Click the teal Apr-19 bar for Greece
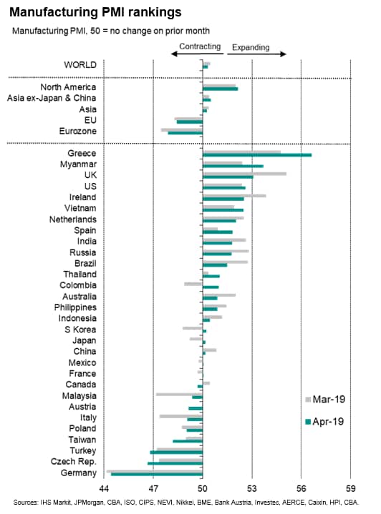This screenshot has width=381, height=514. [x=257, y=155]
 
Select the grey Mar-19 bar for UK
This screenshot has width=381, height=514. [x=245, y=174]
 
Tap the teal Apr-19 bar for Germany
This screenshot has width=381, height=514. [x=157, y=474]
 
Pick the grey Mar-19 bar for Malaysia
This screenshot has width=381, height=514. [x=179, y=394]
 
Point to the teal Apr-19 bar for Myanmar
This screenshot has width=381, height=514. [x=233, y=166]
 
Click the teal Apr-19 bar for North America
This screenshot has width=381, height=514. [x=221, y=89]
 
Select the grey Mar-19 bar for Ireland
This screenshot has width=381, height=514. [x=234, y=196]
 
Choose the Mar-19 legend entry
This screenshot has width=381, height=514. [x=325, y=400]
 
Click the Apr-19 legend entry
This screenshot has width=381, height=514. [x=324, y=422]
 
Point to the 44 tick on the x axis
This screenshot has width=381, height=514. [x=104, y=488]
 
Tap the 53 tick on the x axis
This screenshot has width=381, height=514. [x=252, y=488]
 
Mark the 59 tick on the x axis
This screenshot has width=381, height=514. [x=350, y=488]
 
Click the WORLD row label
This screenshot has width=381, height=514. [x=80, y=65]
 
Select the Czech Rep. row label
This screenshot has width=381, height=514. [x=74, y=462]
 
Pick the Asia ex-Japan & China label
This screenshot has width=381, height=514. [x=52, y=98]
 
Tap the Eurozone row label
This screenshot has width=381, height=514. [x=78, y=131]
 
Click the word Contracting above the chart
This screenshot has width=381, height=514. [x=200, y=46]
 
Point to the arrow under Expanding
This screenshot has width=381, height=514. [x=256, y=54]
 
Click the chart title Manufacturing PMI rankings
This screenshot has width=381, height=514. [x=95, y=12]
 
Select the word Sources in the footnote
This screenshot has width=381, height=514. [x=26, y=503]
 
